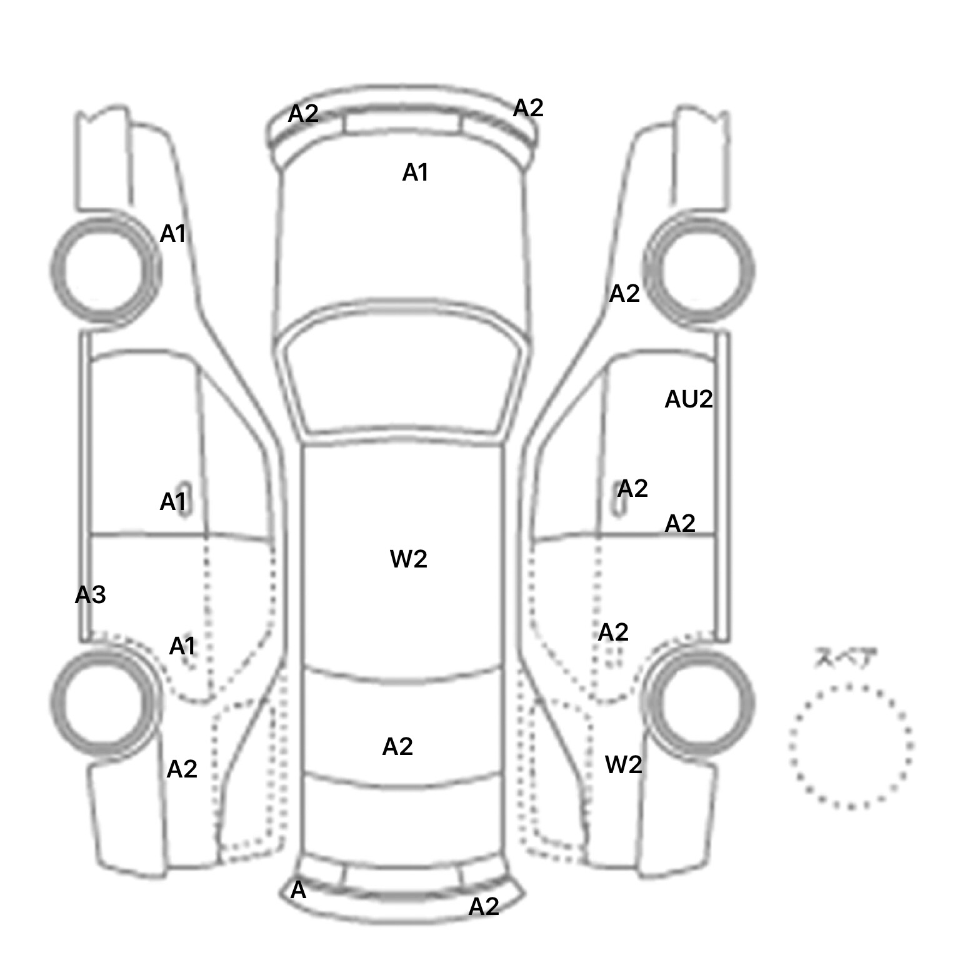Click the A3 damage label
pos(90,595)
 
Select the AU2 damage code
pos(689,399)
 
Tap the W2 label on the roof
pos(409,559)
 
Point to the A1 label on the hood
pos(416,172)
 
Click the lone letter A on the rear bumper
pos(299,890)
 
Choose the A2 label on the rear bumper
pos(484,906)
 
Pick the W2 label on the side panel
pos(624,764)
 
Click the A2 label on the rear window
pos(397,746)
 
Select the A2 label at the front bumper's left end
pos(303,114)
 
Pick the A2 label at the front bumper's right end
pos(528,108)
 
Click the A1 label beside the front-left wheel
pos(173,234)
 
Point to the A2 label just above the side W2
pos(613,632)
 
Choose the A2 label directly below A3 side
pos(182,769)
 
